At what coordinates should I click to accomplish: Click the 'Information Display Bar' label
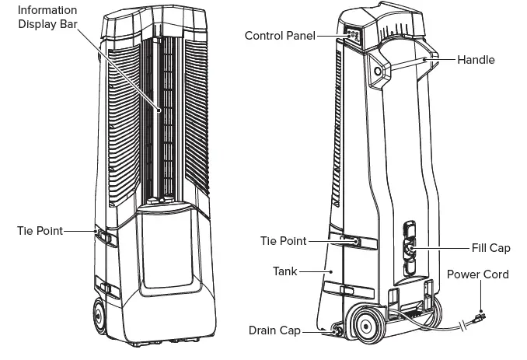coord(47,16)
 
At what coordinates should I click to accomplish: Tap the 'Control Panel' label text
coord(279,36)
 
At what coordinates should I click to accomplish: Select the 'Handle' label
coord(476,60)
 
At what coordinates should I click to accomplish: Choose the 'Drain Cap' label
coord(275,330)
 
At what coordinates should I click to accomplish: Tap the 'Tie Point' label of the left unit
coord(39,230)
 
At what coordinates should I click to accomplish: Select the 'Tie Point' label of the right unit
coord(282,241)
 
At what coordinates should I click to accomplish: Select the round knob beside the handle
coord(379,71)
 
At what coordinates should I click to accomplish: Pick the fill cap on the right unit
coord(410,249)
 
